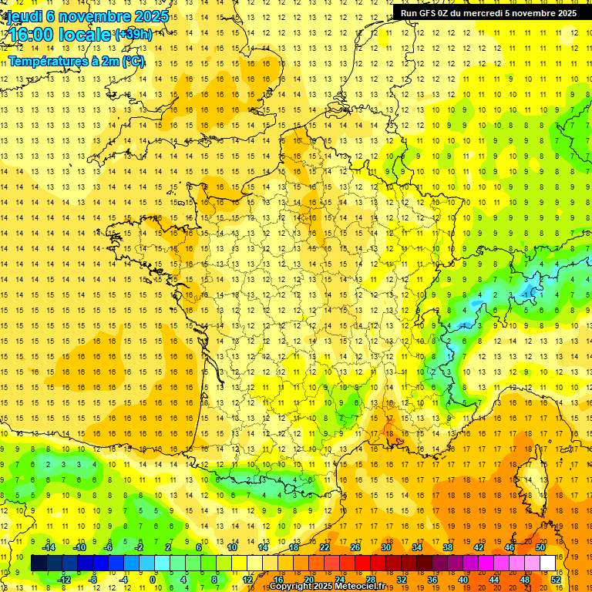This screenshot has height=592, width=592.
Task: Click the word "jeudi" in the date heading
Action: [x=23, y=15]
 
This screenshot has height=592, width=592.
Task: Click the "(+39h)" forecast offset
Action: [x=133, y=35]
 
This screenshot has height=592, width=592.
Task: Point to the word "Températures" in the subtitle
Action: [x=45, y=61]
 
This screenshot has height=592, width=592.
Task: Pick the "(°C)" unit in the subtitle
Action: [x=132, y=61]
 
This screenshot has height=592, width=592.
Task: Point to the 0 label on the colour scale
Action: [x=153, y=580]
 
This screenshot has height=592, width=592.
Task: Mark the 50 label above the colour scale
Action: [x=540, y=547]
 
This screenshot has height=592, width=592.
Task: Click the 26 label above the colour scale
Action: [x=355, y=547]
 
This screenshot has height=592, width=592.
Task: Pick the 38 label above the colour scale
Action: [x=448, y=547]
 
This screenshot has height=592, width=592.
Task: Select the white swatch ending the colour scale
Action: [x=548, y=563]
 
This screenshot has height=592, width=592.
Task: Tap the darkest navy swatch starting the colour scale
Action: [x=39, y=563]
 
